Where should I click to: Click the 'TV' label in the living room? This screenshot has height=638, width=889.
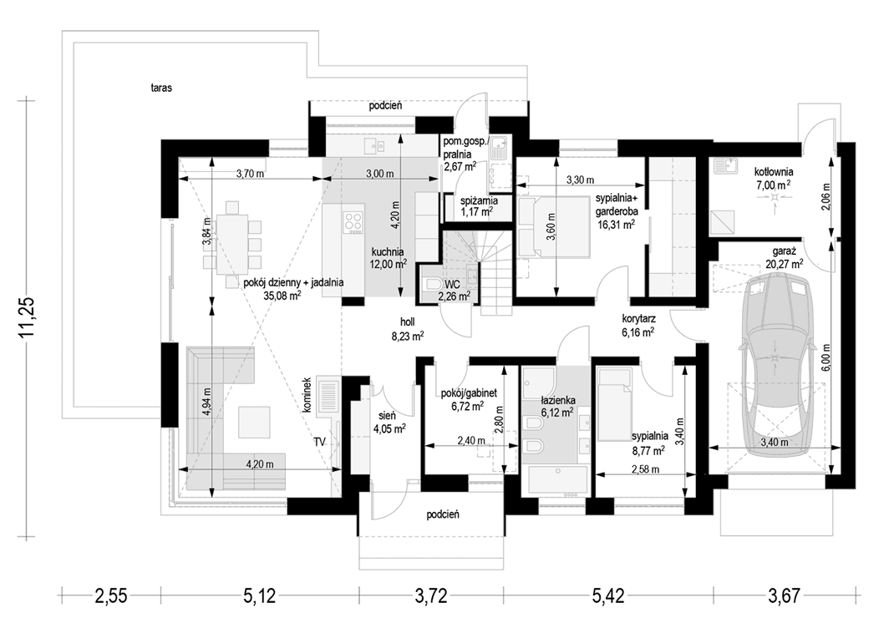coord(320,441)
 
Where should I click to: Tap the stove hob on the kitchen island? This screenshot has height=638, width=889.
coord(353,222)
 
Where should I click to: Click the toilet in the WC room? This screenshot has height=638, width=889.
coord(434,286)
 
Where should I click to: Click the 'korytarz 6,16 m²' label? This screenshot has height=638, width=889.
coord(637,325)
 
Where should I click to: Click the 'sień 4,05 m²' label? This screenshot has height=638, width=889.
coord(389,422)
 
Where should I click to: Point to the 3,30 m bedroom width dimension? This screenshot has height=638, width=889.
coord(580,180)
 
